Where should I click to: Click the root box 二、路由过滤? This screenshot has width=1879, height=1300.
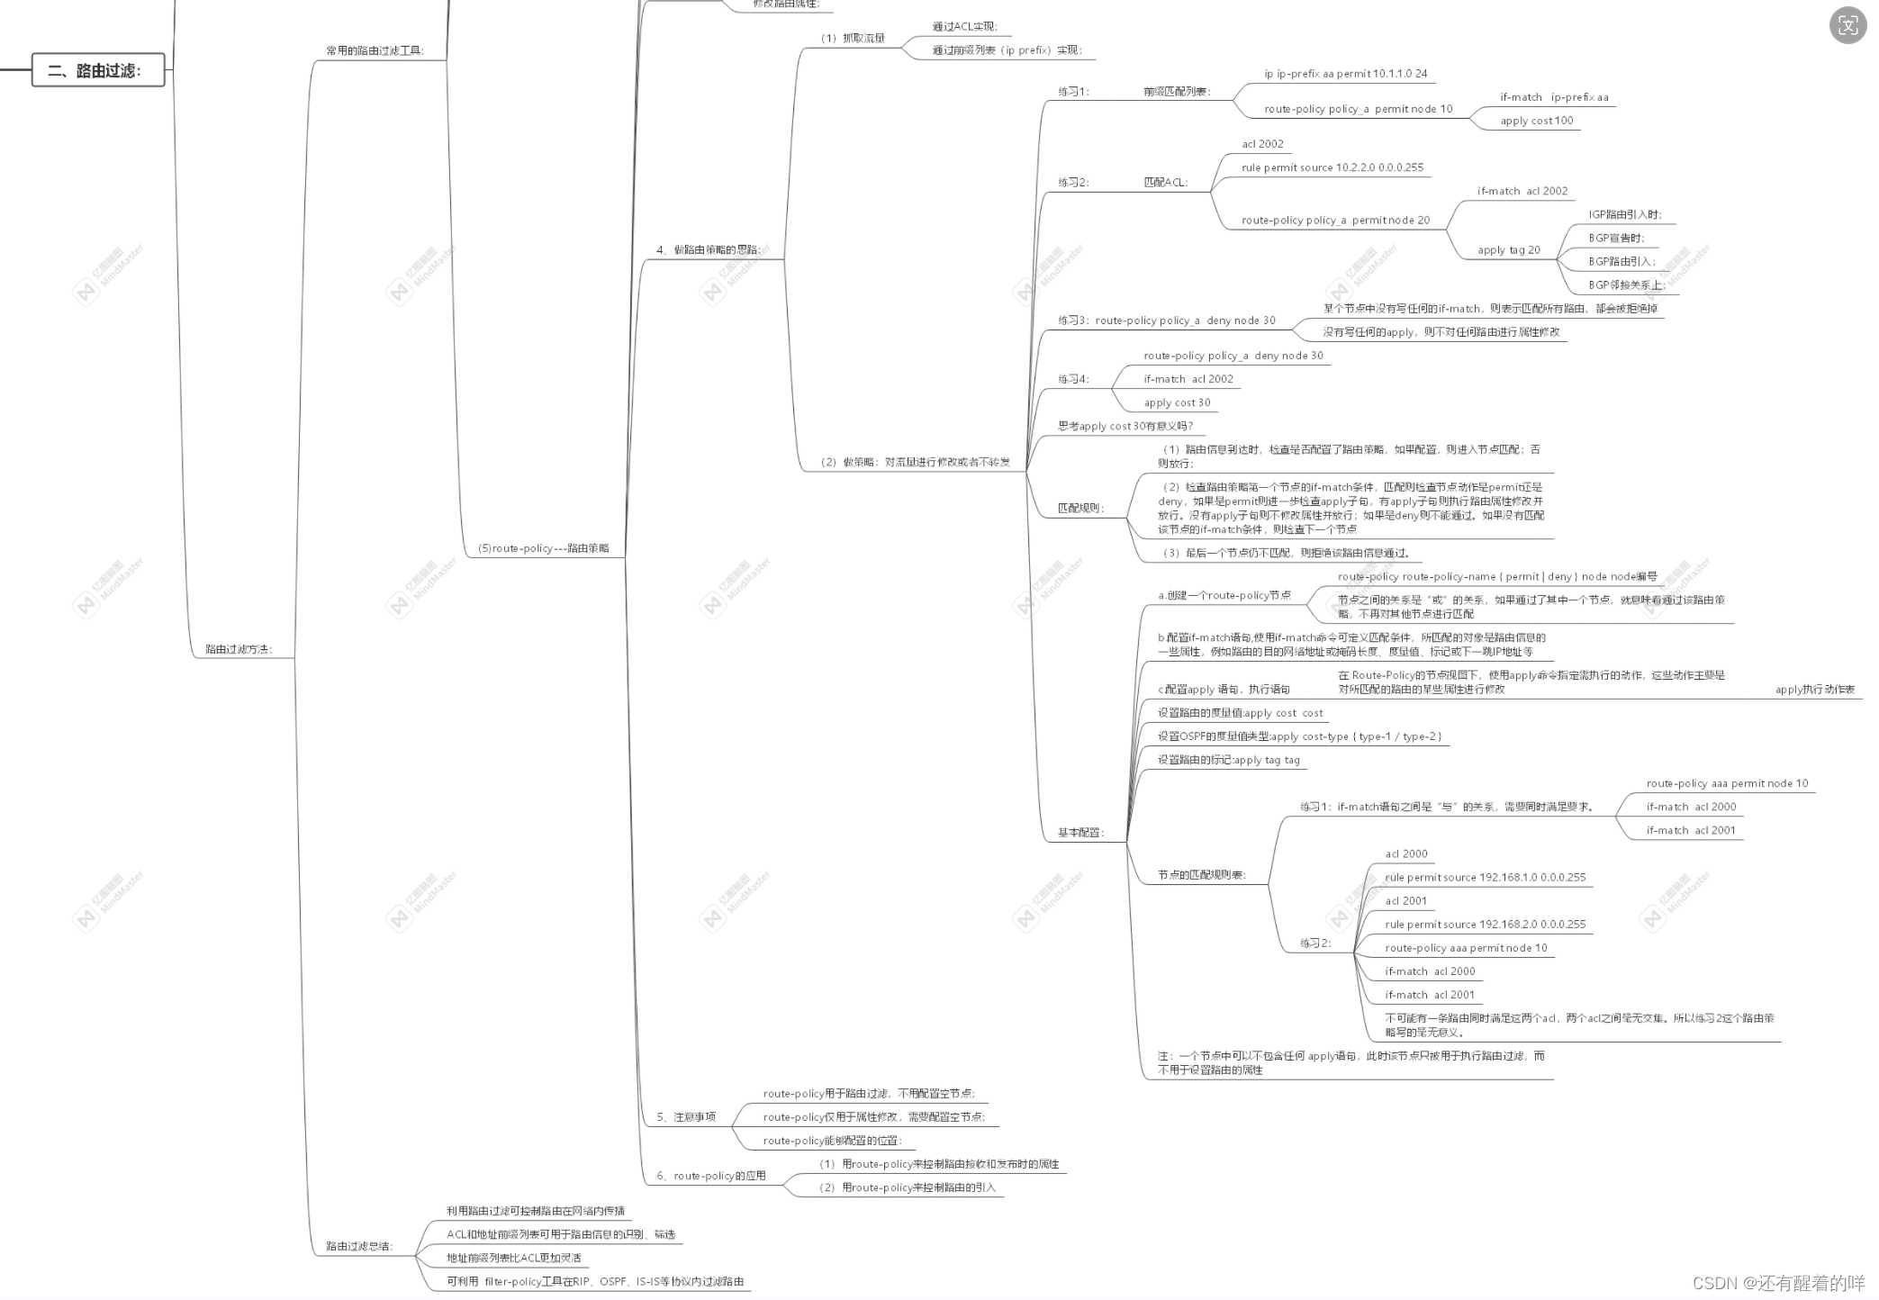coord(97,70)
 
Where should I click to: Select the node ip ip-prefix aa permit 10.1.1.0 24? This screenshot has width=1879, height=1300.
coord(1345,74)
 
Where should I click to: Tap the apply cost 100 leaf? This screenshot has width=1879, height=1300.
coord(1536,121)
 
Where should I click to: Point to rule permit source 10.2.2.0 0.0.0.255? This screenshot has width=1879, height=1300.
coord(1332,167)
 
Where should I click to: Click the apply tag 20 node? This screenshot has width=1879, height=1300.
coord(1508,250)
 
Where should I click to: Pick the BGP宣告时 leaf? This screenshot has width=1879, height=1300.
coord(1616,238)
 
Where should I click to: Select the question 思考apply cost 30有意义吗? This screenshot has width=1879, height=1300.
coord(1125,426)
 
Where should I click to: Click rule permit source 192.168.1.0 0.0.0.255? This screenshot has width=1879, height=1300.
coord(1485,877)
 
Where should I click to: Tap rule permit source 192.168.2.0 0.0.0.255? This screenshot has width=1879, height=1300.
coord(1485,924)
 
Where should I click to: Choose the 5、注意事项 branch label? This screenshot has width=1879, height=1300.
coord(685,1117)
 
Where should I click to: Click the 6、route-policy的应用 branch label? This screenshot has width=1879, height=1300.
coord(710,1176)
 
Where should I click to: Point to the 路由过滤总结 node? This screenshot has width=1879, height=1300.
coord(359,1246)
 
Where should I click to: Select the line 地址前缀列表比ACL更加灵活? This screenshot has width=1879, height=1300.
coord(513,1258)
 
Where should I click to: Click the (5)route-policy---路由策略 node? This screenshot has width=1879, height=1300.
coord(543,548)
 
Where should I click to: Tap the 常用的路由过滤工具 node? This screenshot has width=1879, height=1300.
coord(375,50)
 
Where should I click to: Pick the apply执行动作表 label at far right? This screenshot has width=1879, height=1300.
coord(1814,690)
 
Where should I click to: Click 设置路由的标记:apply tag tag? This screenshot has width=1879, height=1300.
coord(1228,760)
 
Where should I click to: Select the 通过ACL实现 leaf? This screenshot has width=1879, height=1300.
coord(964,27)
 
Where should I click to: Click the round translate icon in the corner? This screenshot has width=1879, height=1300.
coord(1847,25)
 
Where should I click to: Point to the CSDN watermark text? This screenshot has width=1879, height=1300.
coord(1778,1283)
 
